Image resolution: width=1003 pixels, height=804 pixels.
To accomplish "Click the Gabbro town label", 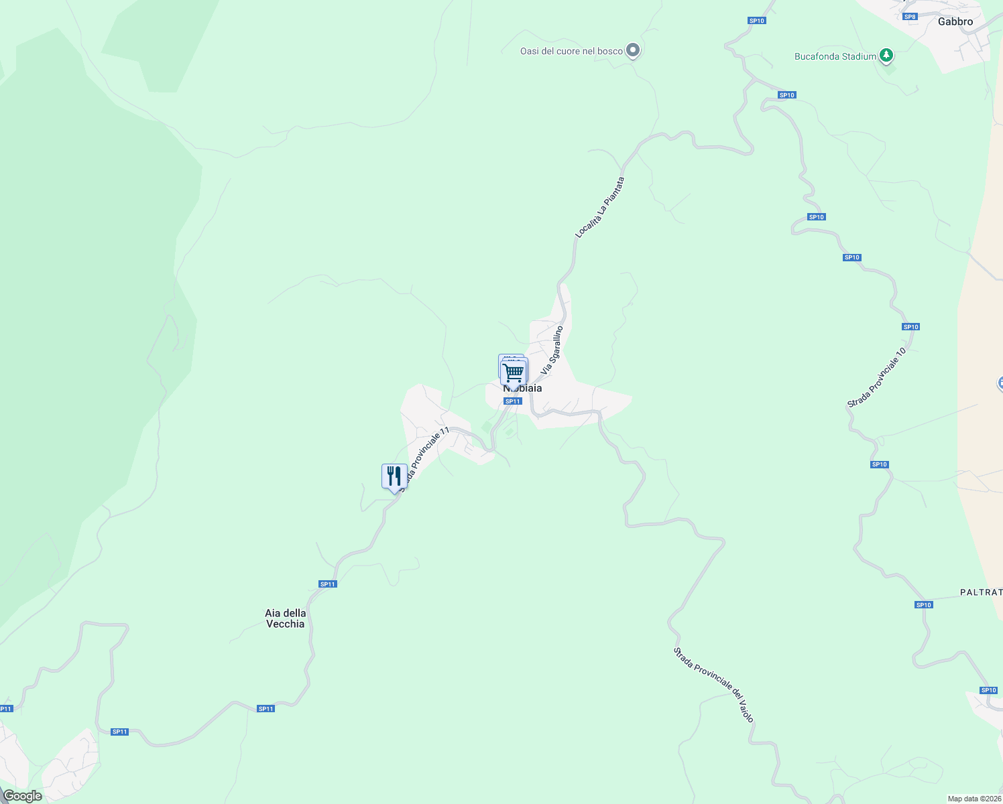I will [955, 21].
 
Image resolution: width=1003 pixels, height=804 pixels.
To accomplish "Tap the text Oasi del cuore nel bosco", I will [571, 51].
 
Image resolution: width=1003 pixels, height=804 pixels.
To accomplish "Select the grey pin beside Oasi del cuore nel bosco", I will [632, 50].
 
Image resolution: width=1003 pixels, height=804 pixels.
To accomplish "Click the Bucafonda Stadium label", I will [835, 56].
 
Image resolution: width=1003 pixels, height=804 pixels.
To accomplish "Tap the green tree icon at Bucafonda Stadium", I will [886, 56].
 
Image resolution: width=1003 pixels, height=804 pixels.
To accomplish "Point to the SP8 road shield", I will [909, 17].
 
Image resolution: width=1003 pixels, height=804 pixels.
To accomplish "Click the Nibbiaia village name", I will [523, 389].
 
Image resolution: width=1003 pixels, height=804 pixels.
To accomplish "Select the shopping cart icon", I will [514, 371].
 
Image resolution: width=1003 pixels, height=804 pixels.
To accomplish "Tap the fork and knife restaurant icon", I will [394, 477].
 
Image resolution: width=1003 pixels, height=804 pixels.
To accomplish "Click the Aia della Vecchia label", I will [286, 618].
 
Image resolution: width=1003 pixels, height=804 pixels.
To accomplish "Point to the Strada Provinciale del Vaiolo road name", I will [714, 685].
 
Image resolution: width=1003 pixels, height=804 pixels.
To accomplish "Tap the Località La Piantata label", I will [600, 207].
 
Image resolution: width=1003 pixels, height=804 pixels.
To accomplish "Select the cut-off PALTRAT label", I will [981, 592].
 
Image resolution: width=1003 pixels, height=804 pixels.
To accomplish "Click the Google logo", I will [23, 796].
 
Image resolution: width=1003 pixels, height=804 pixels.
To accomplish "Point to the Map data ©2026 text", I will [974, 799].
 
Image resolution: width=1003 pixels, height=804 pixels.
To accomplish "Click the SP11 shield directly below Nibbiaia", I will [512, 401].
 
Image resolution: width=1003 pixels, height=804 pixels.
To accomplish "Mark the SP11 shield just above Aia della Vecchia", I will [328, 584].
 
